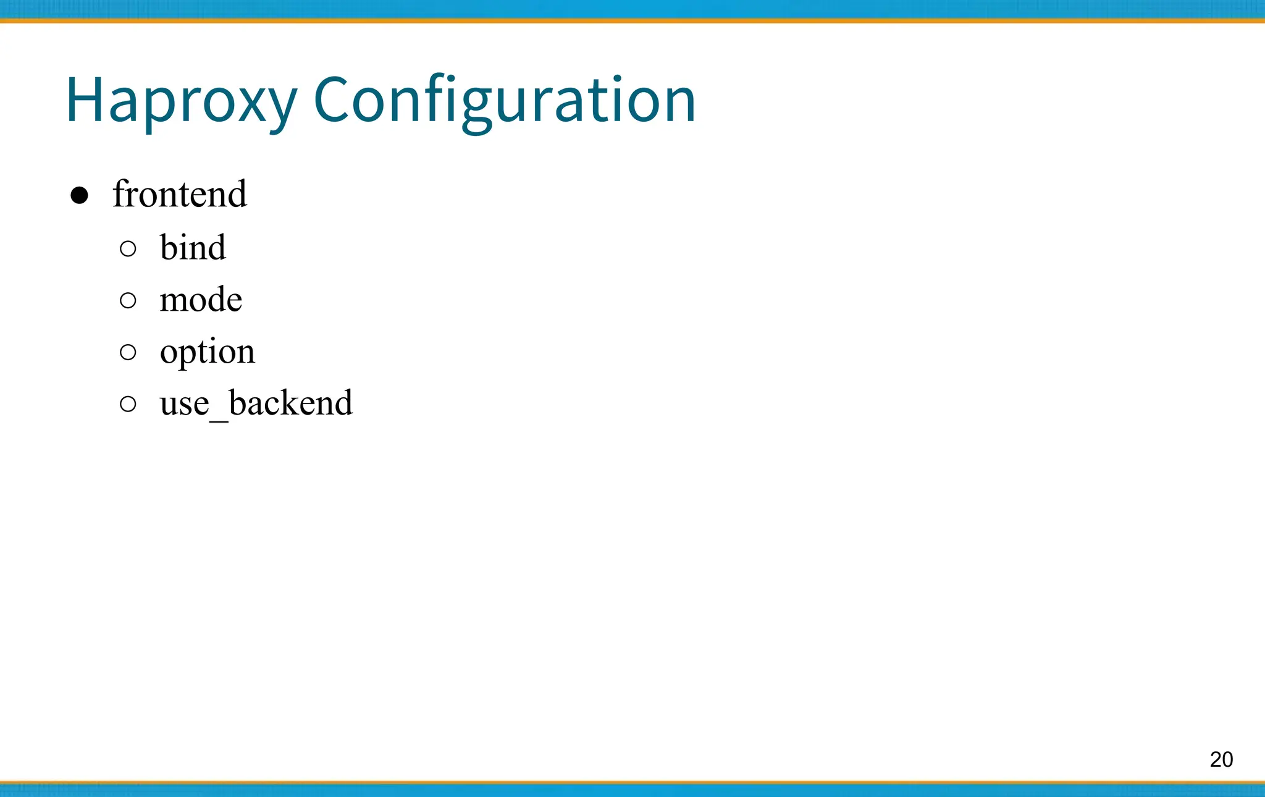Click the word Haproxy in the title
pos(181,101)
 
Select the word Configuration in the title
pos(505,101)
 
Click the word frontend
pos(180,194)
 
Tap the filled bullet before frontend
pos(79,196)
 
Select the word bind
pos(193,248)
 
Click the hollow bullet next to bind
pos(128,248)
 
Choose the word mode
pos(201,300)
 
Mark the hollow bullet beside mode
pos(128,300)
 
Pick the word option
pos(207,352)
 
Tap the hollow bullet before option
pos(128,352)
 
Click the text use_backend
pos(256,403)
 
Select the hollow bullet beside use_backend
pos(128,404)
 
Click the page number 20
pos(1221,759)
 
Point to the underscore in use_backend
pos(219,420)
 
